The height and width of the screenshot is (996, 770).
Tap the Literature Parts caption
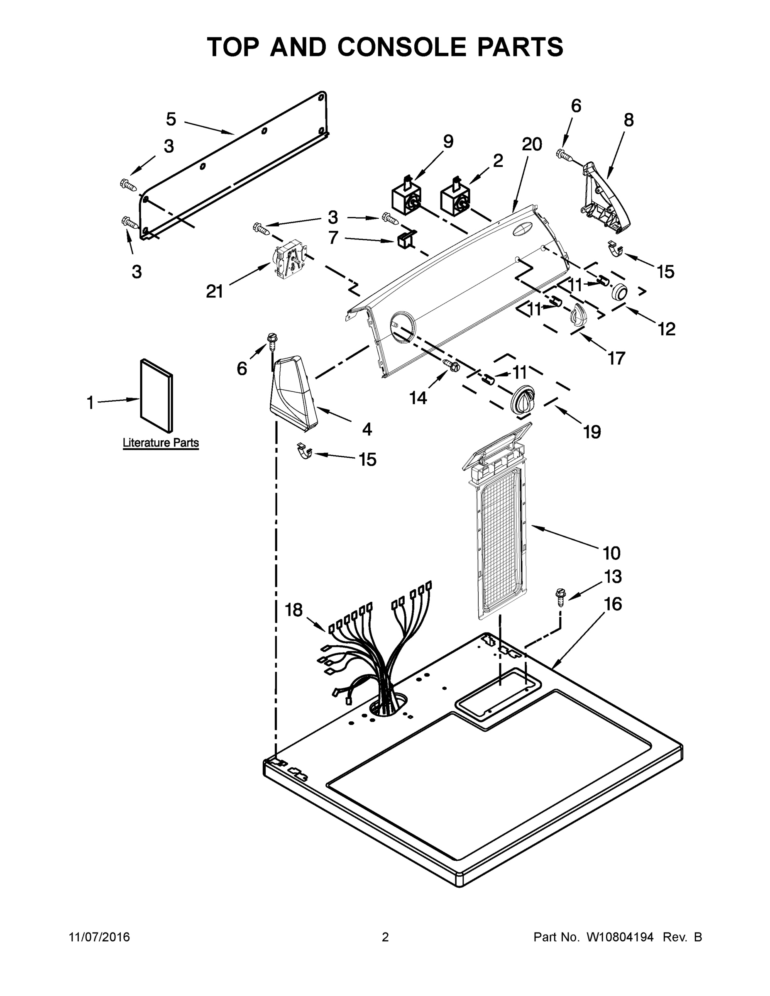161,442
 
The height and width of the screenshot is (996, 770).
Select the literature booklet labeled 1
156,395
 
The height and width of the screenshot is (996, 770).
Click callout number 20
531,144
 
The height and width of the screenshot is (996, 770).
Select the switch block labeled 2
455,199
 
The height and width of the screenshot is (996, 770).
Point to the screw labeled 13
560,596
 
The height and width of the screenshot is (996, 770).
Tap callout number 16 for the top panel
613,604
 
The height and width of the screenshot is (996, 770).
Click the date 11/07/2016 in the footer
100,937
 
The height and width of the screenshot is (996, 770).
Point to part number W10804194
619,937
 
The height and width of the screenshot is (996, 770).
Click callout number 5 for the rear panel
171,120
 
